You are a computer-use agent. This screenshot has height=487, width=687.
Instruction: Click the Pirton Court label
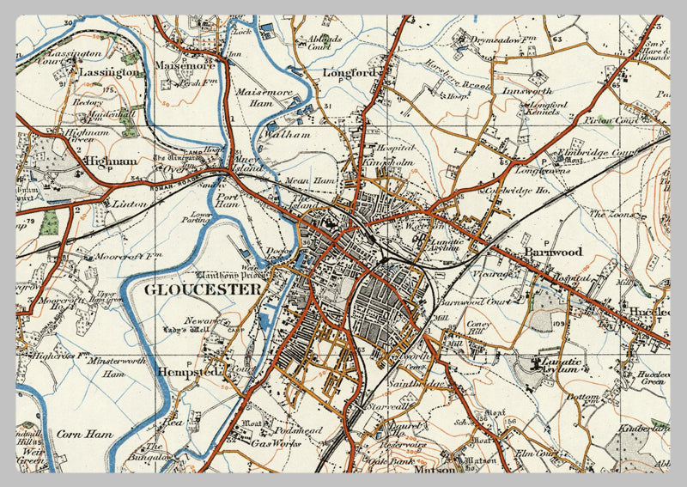tap(612, 120)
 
